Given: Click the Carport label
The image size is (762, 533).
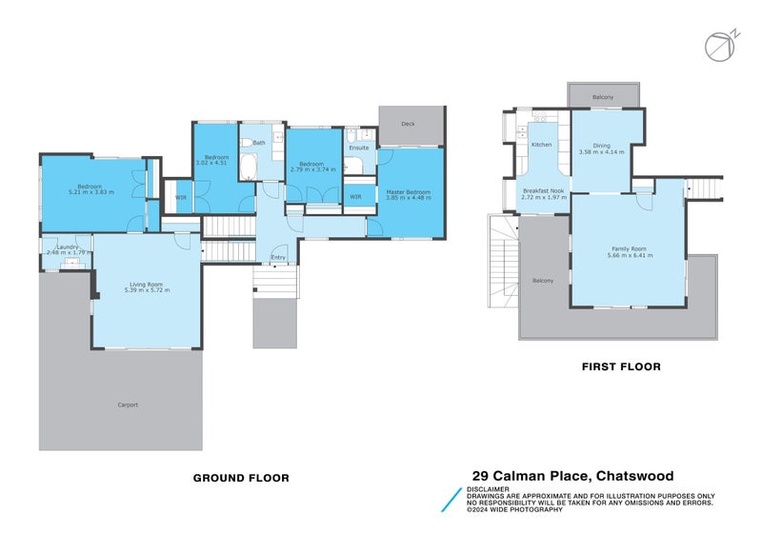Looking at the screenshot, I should coord(128,405).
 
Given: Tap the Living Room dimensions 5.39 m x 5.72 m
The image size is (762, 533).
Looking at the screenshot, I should coord(147,289).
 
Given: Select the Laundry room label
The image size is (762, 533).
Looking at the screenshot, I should coord(67,247).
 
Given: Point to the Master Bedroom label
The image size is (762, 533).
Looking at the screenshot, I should coord(408,192).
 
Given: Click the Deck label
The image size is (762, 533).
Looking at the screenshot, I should coord(408,124).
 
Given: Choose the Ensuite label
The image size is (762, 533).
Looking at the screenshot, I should coord(358,148).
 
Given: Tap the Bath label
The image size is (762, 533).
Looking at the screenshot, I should coord(259,143).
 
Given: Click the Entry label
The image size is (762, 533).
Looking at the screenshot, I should coord(278,258).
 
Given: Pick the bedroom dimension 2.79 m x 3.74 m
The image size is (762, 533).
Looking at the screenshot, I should coord(312,169).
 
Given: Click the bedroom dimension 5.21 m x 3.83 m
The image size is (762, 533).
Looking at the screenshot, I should coord(90,192).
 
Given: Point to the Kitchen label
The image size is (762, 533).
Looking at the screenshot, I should coord(541,145).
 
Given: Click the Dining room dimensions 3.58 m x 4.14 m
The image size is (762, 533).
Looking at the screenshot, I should coord(601,152).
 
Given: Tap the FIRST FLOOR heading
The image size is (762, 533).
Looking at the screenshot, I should coord(621,366).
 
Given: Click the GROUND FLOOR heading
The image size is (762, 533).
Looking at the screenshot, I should coord(241,478).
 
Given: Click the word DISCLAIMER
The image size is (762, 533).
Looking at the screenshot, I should coord(487,489).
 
